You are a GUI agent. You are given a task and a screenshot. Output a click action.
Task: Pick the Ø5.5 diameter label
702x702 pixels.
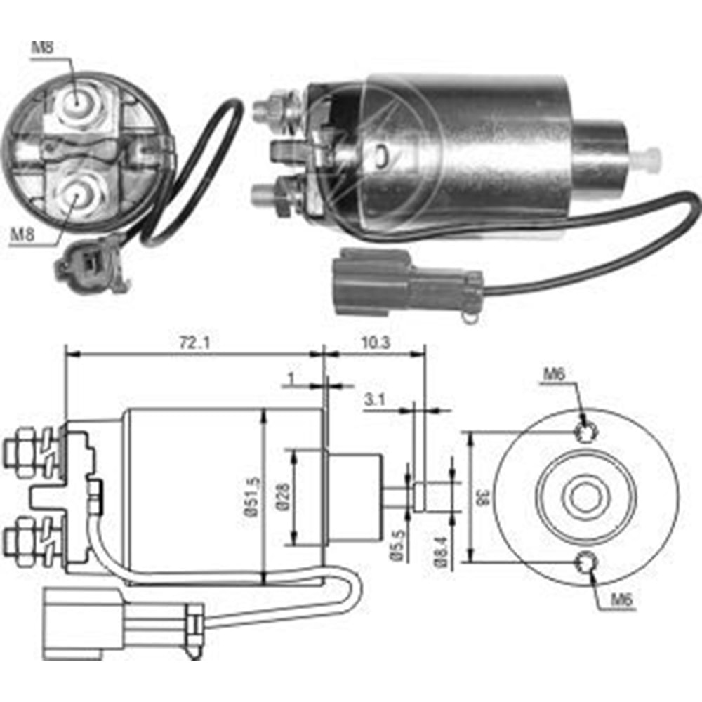[x=397, y=545]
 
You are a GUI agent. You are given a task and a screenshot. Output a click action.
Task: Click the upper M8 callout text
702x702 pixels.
[x=42, y=48]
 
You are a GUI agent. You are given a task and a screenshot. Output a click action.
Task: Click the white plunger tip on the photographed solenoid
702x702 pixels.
[x=650, y=158]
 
